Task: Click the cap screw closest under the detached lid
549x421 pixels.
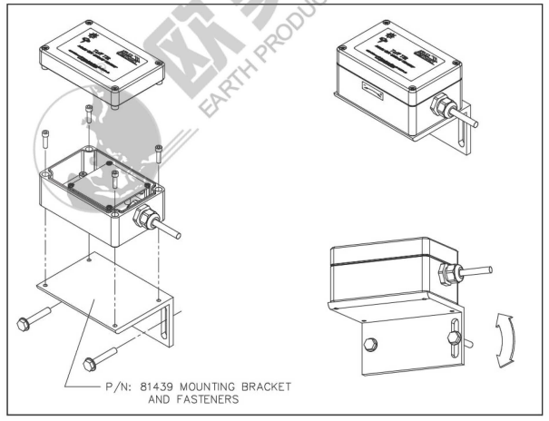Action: [x=89, y=114]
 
